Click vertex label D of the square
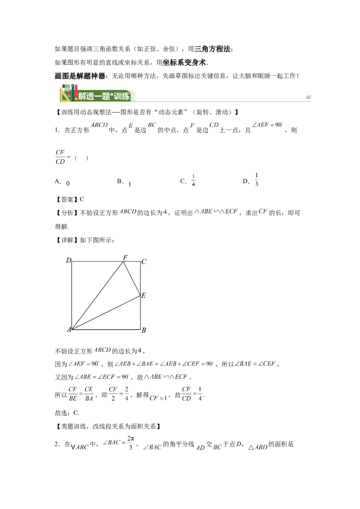tap(68, 260)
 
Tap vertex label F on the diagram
tap(126, 257)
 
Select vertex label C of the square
tap(144, 262)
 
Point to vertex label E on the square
tap(144, 295)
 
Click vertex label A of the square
tap(69, 330)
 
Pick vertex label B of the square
tap(144, 330)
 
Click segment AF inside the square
tap(97, 295)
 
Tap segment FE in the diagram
tap(132, 278)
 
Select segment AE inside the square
tap(106, 313)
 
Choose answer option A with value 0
tap(62, 182)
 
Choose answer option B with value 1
tap(124, 182)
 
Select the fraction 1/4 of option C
tap(193, 180)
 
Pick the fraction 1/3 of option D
tap(256, 179)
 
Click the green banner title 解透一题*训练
tap(104, 96)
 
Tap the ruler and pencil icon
tap(69, 93)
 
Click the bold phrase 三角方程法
tap(212, 49)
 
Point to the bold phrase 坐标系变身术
tap(184, 63)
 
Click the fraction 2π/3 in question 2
tap(130, 443)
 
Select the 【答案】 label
tap(67, 199)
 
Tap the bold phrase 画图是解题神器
tap(80, 76)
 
